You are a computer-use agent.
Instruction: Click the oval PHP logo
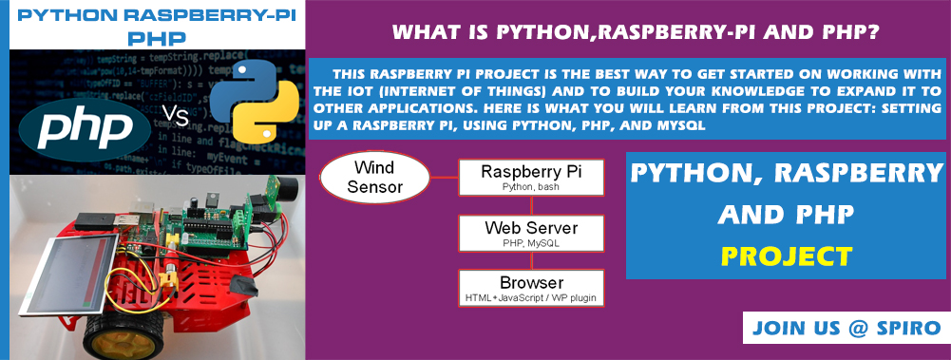(x=85, y=129)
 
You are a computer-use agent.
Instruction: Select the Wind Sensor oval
(x=375, y=177)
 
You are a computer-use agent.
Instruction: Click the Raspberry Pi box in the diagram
(x=531, y=177)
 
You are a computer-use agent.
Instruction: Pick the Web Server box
(x=531, y=234)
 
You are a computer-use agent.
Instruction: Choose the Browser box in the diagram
(x=531, y=288)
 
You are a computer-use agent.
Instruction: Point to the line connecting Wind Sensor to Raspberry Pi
(x=444, y=178)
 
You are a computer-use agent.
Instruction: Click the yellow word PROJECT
(x=786, y=256)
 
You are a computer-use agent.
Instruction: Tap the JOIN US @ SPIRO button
(x=846, y=328)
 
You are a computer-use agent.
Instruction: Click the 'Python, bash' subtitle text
(x=531, y=187)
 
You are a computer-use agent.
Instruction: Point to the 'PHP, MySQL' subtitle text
(x=531, y=243)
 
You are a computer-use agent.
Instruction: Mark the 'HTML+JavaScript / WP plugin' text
(x=531, y=298)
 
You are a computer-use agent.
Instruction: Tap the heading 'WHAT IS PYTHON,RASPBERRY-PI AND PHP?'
(x=635, y=32)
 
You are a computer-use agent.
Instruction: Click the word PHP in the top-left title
(x=158, y=39)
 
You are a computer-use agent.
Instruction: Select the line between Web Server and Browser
(x=531, y=260)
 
